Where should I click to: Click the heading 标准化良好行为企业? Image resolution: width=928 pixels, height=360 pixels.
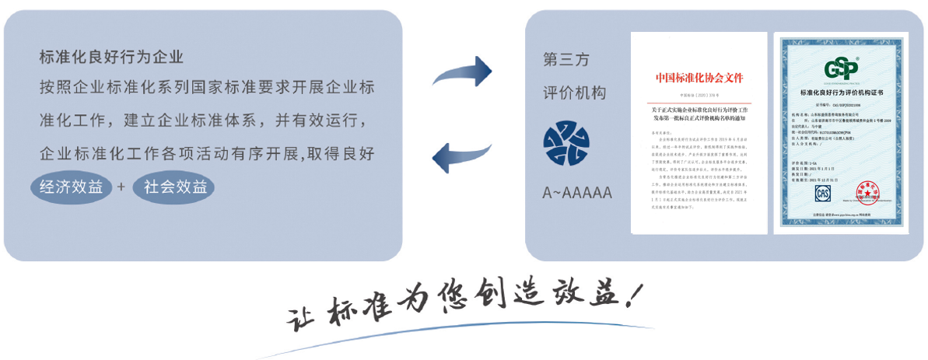(x=111, y=57)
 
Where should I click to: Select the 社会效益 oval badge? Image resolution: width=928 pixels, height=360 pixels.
(x=173, y=188)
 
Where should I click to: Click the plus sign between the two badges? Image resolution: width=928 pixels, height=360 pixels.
(x=121, y=188)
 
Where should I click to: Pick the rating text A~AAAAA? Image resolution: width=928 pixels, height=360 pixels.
(x=576, y=192)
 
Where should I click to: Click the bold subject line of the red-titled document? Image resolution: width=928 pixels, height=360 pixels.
(x=698, y=114)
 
